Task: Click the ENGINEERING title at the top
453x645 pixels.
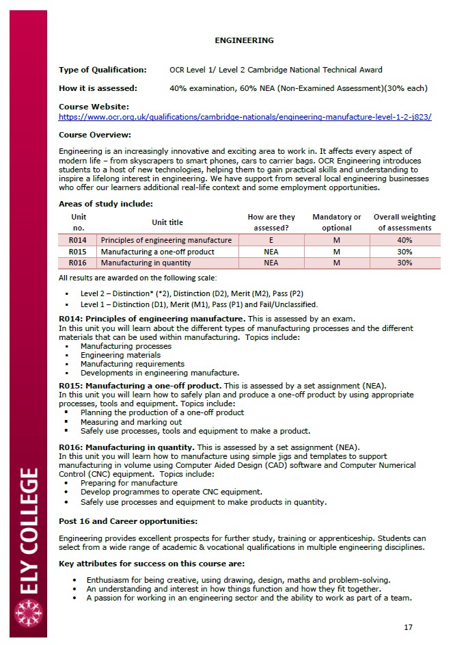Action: pyautogui.click(x=244, y=40)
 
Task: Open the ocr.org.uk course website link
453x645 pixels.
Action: pyautogui.click(x=245, y=117)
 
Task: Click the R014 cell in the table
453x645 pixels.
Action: pyautogui.click(x=77, y=240)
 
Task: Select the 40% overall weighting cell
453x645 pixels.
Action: pyautogui.click(x=404, y=240)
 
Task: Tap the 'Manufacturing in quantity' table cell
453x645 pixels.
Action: pyautogui.click(x=146, y=263)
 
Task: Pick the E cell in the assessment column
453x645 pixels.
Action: pyautogui.click(x=271, y=240)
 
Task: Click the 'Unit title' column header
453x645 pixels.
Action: pyautogui.click(x=167, y=222)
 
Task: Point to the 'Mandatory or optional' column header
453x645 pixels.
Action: pyautogui.click(x=336, y=222)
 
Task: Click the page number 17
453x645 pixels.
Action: pyautogui.click(x=408, y=627)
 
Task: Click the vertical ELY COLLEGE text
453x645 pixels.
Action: pyautogui.click(x=29, y=530)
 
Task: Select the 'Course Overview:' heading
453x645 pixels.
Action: pyautogui.click(x=95, y=135)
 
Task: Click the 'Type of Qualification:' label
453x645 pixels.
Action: pyautogui.click(x=102, y=70)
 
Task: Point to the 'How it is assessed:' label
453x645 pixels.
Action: pyautogui.click(x=98, y=88)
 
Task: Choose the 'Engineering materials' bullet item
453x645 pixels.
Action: pyautogui.click(x=120, y=355)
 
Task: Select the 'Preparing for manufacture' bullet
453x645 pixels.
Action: pyautogui.click(x=128, y=483)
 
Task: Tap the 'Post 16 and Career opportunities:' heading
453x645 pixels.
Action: pyautogui.click(x=128, y=521)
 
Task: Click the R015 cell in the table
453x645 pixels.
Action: pyautogui.click(x=77, y=252)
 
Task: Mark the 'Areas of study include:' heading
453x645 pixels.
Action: pyautogui.click(x=105, y=203)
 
